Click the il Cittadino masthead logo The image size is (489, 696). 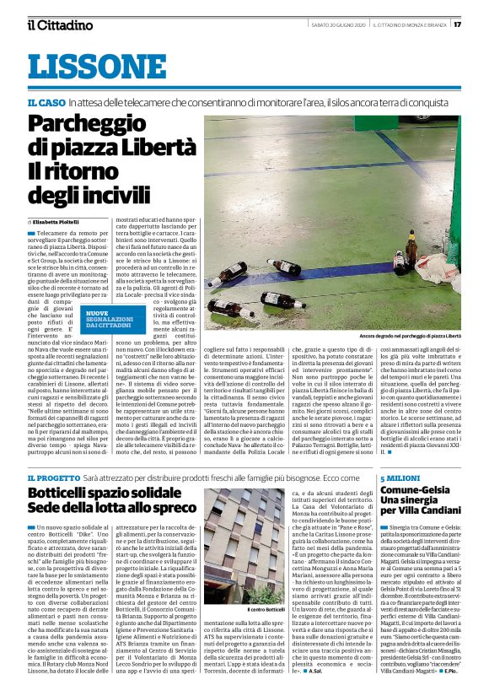tap(60, 24)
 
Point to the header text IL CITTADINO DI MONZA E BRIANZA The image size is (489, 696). tap(410, 24)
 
